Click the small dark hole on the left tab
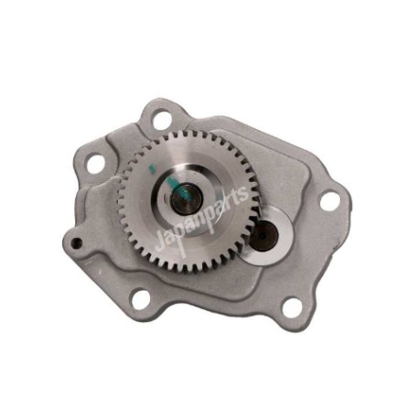pyautogui.click(x=77, y=242)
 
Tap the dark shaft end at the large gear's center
pyautogui.click(x=187, y=199)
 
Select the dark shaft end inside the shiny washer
pyautogui.click(x=263, y=235)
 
